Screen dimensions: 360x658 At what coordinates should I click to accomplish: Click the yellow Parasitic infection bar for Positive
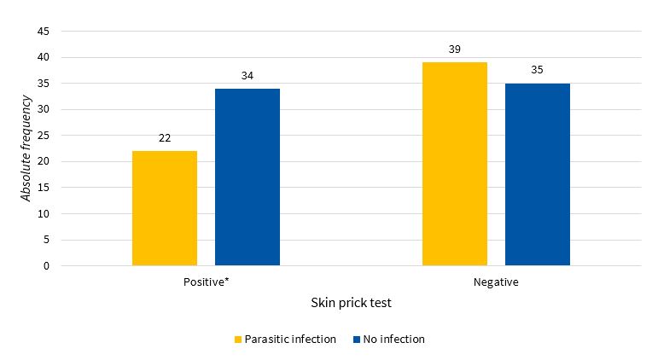click(x=165, y=208)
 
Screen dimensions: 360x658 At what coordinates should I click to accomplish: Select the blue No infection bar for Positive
click(x=247, y=177)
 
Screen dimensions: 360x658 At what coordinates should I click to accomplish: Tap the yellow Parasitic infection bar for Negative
click(x=455, y=164)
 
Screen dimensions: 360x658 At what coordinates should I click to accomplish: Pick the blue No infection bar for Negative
click(x=538, y=174)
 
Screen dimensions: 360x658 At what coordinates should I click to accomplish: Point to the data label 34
click(x=247, y=76)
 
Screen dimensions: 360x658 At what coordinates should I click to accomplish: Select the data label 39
click(x=455, y=49)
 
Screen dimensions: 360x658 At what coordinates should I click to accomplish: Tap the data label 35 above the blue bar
click(x=538, y=70)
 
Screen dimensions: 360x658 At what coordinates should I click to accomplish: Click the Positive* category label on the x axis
click(x=206, y=282)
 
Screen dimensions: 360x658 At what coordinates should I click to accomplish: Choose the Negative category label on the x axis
click(x=496, y=282)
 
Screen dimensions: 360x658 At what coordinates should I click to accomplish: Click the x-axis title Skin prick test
click(x=351, y=303)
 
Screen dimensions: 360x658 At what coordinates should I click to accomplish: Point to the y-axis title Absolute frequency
click(x=26, y=148)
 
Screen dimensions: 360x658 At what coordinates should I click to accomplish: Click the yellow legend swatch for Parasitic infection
click(x=238, y=340)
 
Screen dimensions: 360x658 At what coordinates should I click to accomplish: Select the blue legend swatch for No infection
click(x=354, y=340)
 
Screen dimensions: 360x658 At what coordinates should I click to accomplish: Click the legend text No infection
click(x=393, y=340)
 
